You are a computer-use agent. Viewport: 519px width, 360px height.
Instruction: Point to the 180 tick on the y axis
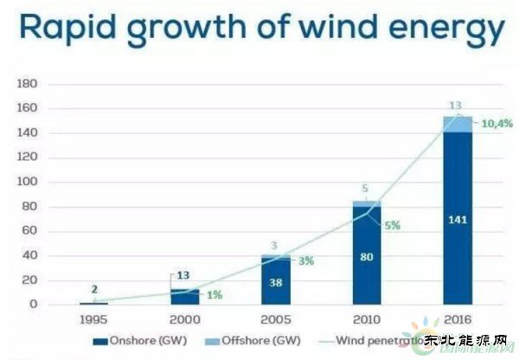click(x=27, y=85)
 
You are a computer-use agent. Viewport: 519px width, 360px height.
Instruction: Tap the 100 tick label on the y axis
click(x=27, y=183)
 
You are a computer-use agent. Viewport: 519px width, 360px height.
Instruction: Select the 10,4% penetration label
click(x=497, y=124)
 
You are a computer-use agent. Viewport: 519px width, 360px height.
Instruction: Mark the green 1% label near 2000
click(x=213, y=294)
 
